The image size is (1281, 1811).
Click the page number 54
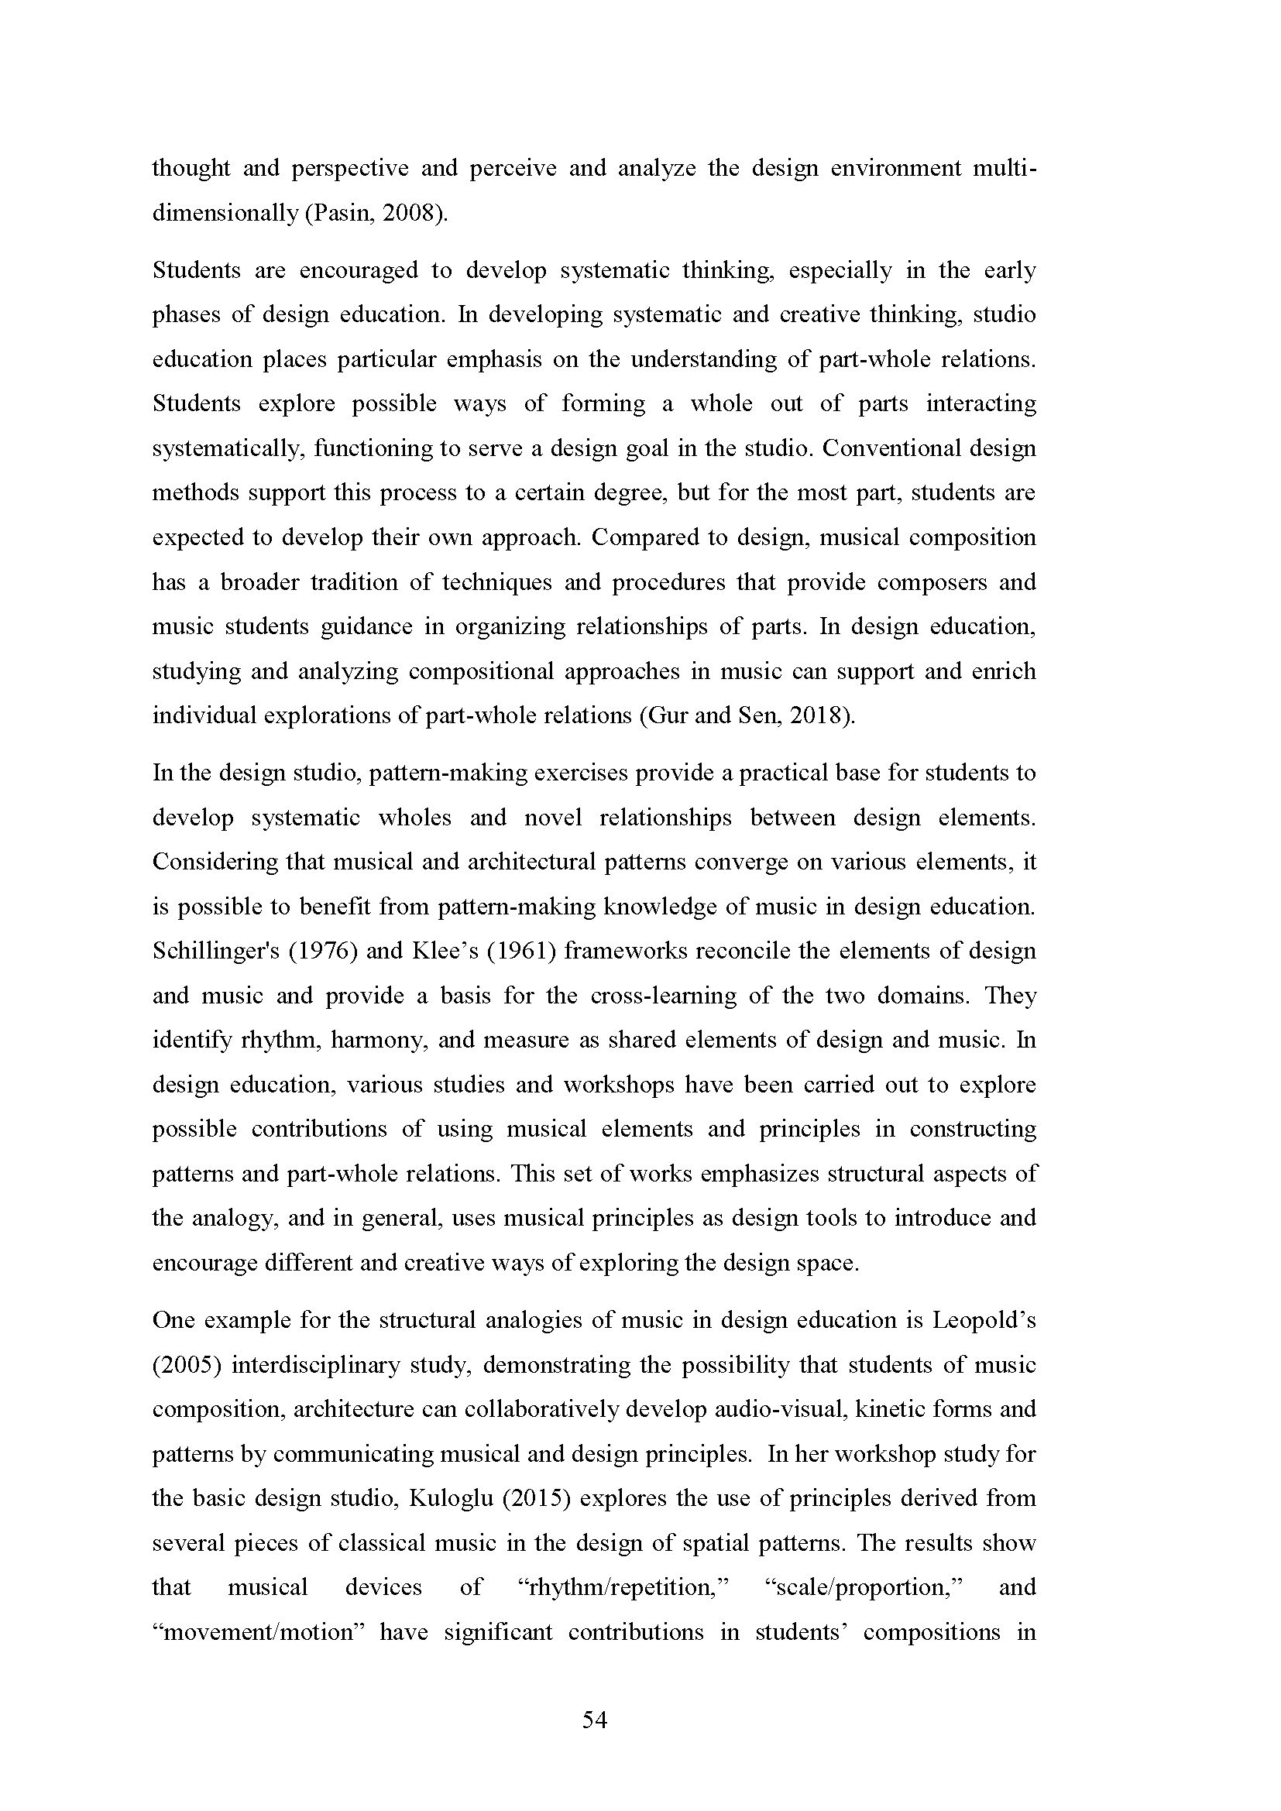tap(595, 1720)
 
